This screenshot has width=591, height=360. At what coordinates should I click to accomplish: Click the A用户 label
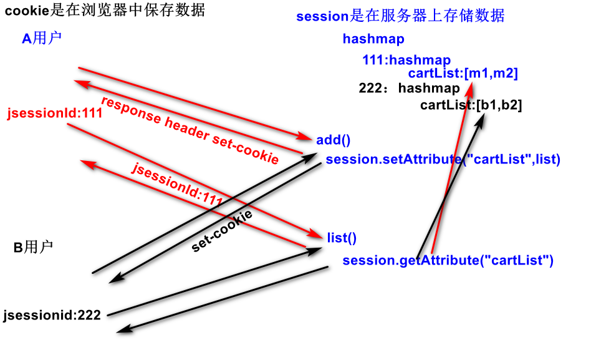pyautogui.click(x=42, y=39)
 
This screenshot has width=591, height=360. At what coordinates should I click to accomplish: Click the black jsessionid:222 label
pyautogui.click(x=52, y=315)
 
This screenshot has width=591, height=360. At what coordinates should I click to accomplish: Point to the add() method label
pyautogui.click(x=334, y=140)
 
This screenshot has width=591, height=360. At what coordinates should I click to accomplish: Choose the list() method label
pyautogui.click(x=341, y=237)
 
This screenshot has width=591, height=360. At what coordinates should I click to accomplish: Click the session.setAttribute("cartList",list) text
pyautogui.click(x=443, y=160)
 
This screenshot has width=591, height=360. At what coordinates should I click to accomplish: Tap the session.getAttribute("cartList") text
pyautogui.click(x=448, y=260)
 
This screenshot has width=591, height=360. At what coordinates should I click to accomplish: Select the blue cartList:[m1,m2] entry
pyautogui.click(x=463, y=74)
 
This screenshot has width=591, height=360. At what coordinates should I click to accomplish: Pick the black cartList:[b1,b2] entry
pyautogui.click(x=471, y=105)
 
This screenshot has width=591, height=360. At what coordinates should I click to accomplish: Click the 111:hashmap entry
pyautogui.click(x=406, y=61)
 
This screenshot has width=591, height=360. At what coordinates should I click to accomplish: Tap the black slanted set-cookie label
pyautogui.click(x=222, y=231)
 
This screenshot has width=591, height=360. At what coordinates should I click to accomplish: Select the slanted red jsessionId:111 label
pyautogui.click(x=177, y=182)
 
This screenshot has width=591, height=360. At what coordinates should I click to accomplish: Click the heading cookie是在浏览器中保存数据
pyautogui.click(x=105, y=11)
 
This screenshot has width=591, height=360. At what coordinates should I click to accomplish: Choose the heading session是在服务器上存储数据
pyautogui.click(x=400, y=16)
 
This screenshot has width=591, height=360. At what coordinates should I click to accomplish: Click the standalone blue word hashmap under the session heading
pyautogui.click(x=373, y=39)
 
